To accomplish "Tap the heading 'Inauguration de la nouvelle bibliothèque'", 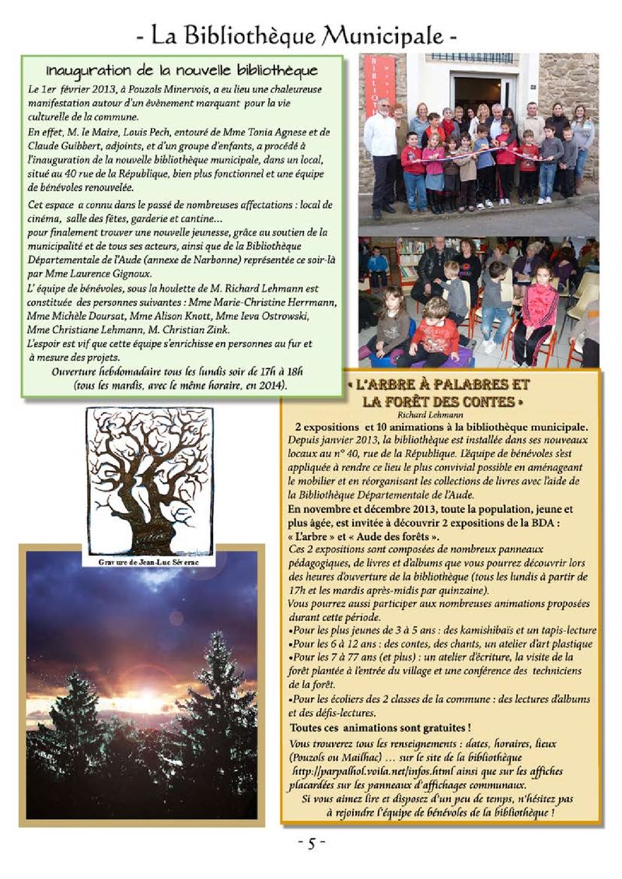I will coord(183,72).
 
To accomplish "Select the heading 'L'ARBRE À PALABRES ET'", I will coord(441,385).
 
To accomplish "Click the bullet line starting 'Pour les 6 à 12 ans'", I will coord(440,644).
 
